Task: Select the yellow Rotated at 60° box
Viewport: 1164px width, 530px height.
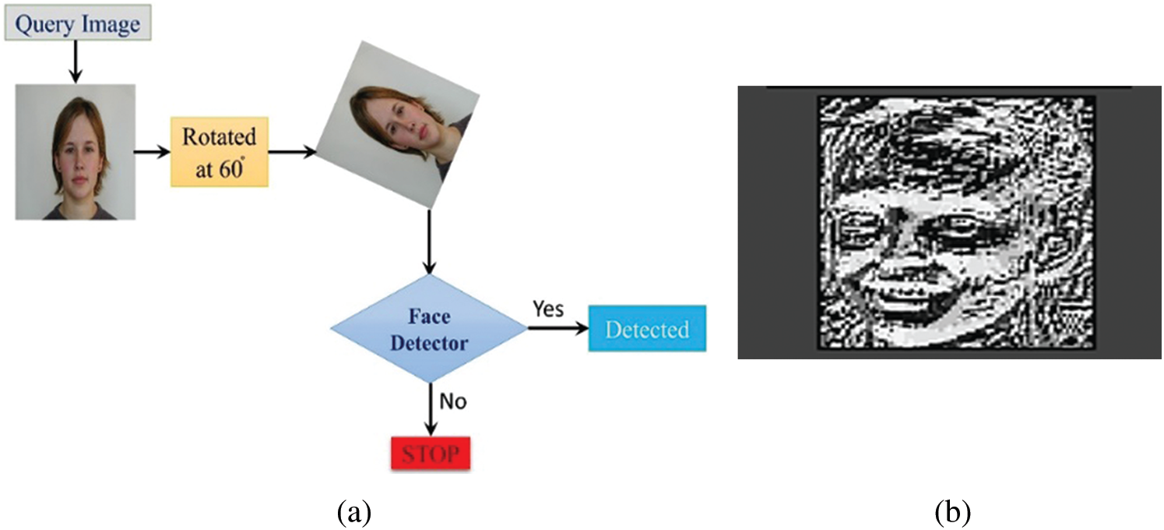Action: click(220, 152)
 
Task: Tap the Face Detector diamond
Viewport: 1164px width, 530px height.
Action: click(430, 328)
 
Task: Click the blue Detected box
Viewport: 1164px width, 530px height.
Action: click(647, 330)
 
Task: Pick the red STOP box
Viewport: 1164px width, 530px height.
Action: click(430, 453)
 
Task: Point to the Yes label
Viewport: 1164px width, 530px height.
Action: click(549, 309)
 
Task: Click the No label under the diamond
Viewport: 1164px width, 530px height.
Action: click(452, 401)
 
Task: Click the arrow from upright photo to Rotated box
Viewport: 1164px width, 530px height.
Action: click(153, 152)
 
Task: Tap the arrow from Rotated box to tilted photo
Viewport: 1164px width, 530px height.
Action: click(293, 152)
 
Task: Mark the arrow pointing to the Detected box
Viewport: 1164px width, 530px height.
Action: click(557, 328)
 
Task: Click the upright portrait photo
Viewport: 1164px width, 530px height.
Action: click(76, 151)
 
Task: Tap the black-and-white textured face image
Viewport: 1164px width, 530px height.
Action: click(955, 222)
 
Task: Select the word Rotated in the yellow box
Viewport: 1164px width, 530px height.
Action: click(219, 137)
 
